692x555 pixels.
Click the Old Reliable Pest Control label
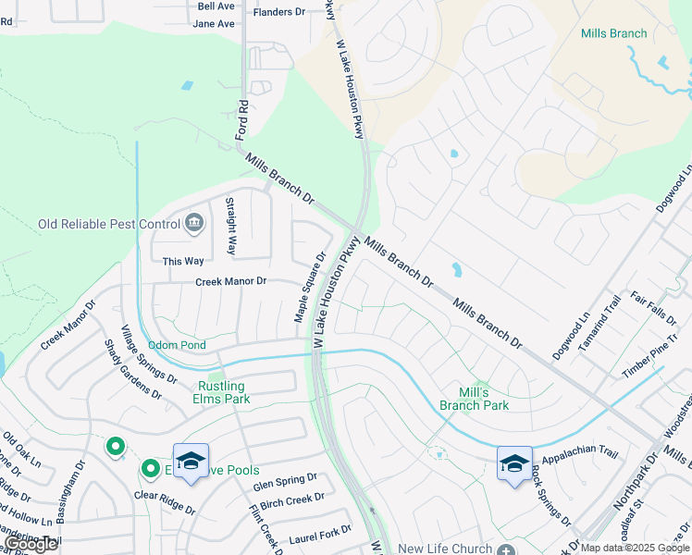[x=109, y=224]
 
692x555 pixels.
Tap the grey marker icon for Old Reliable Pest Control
[x=195, y=222]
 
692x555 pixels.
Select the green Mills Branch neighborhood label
[x=613, y=33]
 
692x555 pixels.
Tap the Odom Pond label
[x=177, y=345]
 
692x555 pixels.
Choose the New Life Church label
[x=445, y=549]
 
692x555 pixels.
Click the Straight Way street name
[x=231, y=226]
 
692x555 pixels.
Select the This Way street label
[x=183, y=262]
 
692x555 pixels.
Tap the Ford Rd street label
[x=242, y=119]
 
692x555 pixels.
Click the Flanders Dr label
[x=279, y=12]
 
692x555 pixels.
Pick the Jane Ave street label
[x=214, y=23]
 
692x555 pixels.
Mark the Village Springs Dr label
[x=148, y=353]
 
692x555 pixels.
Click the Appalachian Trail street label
[x=579, y=452]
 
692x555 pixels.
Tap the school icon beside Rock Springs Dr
[x=514, y=462]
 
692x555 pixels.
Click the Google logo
[x=31, y=544]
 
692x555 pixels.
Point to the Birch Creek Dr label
[x=292, y=499]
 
